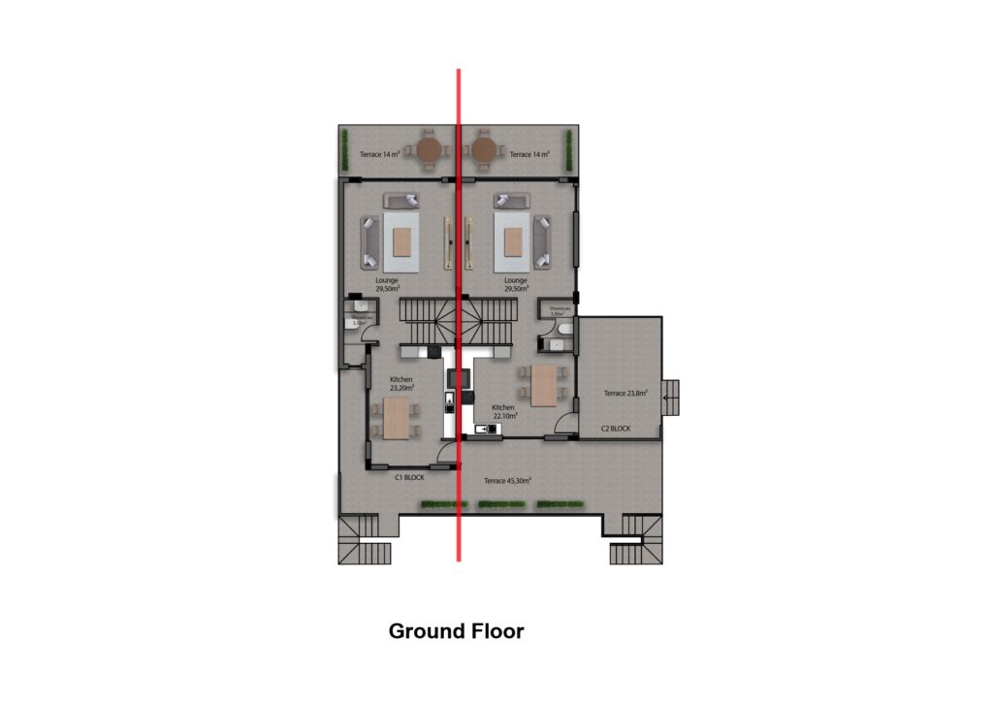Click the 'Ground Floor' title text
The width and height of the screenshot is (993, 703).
(x=456, y=631)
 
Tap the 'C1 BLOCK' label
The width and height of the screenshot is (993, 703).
(x=409, y=478)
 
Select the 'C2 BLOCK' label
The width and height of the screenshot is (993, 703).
(x=616, y=429)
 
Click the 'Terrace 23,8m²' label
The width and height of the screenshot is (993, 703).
(x=625, y=393)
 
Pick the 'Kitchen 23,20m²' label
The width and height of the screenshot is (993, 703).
(x=401, y=382)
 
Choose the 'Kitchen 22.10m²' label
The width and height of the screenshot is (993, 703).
(x=503, y=411)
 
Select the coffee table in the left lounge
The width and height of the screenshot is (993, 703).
(x=401, y=241)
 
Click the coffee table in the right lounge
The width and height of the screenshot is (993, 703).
(x=513, y=241)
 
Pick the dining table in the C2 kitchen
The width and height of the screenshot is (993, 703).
(x=543, y=384)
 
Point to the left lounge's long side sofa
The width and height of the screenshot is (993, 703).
(x=369, y=242)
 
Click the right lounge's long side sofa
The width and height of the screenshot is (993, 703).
(x=544, y=242)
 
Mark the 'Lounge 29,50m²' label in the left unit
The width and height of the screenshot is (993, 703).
(x=387, y=284)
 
